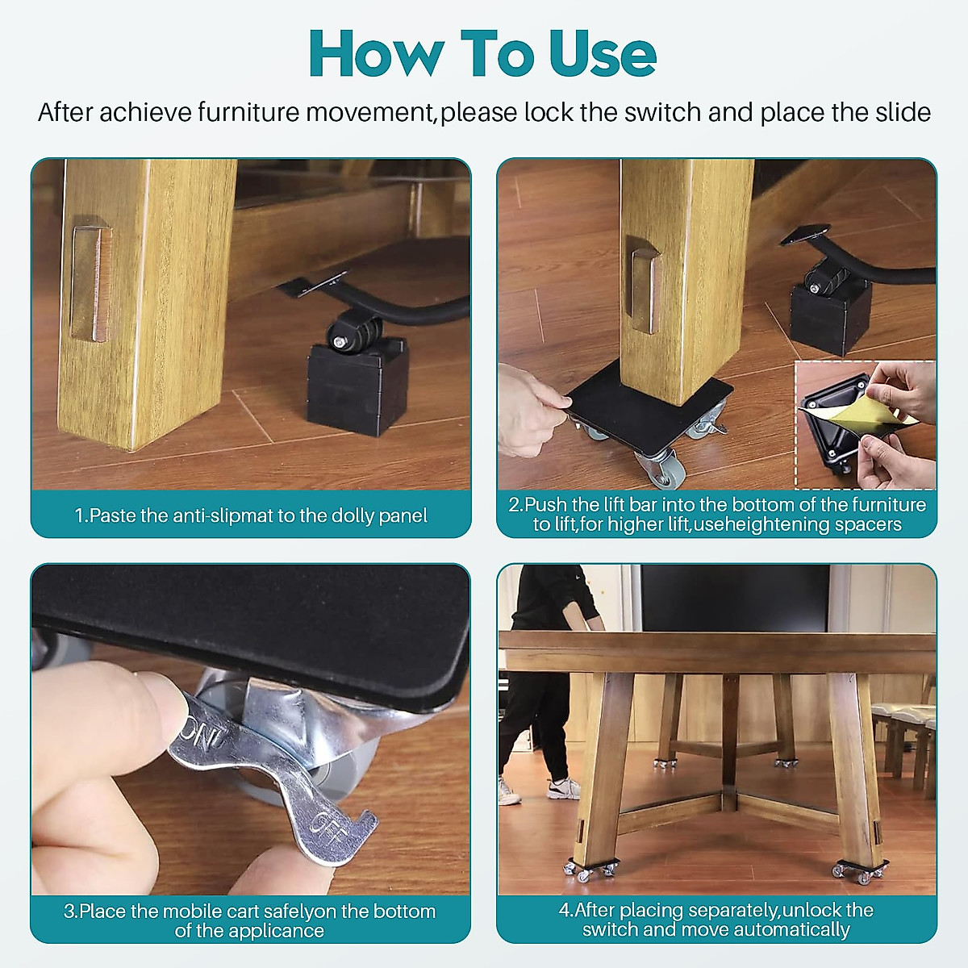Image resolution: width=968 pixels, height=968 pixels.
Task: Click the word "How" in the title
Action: [x=375, y=54]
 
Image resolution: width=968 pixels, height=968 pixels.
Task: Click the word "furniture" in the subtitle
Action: [x=248, y=112]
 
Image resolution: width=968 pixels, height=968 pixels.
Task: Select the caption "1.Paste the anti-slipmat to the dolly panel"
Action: [x=251, y=515]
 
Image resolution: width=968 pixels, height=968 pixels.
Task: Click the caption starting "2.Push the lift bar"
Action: [x=717, y=514]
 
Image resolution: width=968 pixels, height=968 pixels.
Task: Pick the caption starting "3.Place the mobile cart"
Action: [x=250, y=920]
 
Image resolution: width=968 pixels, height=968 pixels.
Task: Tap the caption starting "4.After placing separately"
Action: [x=716, y=920]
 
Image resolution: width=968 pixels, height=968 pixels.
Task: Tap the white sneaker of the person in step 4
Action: [x=563, y=788]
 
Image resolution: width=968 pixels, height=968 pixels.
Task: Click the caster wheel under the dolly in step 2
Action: [x=655, y=468]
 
